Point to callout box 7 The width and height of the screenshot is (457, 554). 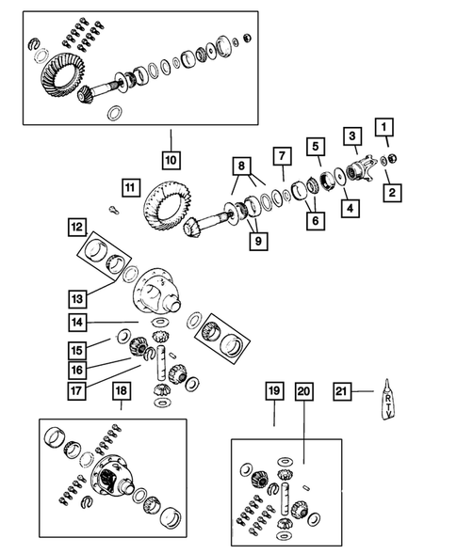pos(280,155)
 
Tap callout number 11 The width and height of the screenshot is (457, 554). pos(128,186)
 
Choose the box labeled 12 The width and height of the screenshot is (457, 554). pos(76,227)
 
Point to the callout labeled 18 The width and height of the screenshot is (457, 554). pos(121,391)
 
